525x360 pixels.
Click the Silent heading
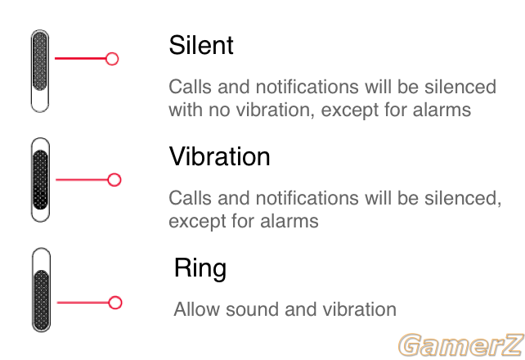click(x=201, y=45)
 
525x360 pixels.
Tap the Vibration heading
click(x=220, y=156)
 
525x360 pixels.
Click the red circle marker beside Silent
click(x=112, y=59)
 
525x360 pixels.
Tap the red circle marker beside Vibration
click(x=114, y=180)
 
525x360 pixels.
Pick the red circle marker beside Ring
click(x=115, y=303)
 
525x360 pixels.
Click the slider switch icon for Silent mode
click(x=40, y=71)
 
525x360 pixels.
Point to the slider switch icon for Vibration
click(x=41, y=179)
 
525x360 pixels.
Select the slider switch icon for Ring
click(x=41, y=290)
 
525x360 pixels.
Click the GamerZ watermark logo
click(x=461, y=345)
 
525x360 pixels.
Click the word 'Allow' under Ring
click(x=197, y=309)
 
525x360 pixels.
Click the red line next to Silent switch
click(x=80, y=59)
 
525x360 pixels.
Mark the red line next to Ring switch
click(x=83, y=303)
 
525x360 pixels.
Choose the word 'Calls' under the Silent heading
click(x=191, y=87)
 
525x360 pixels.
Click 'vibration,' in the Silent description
click(x=276, y=110)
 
